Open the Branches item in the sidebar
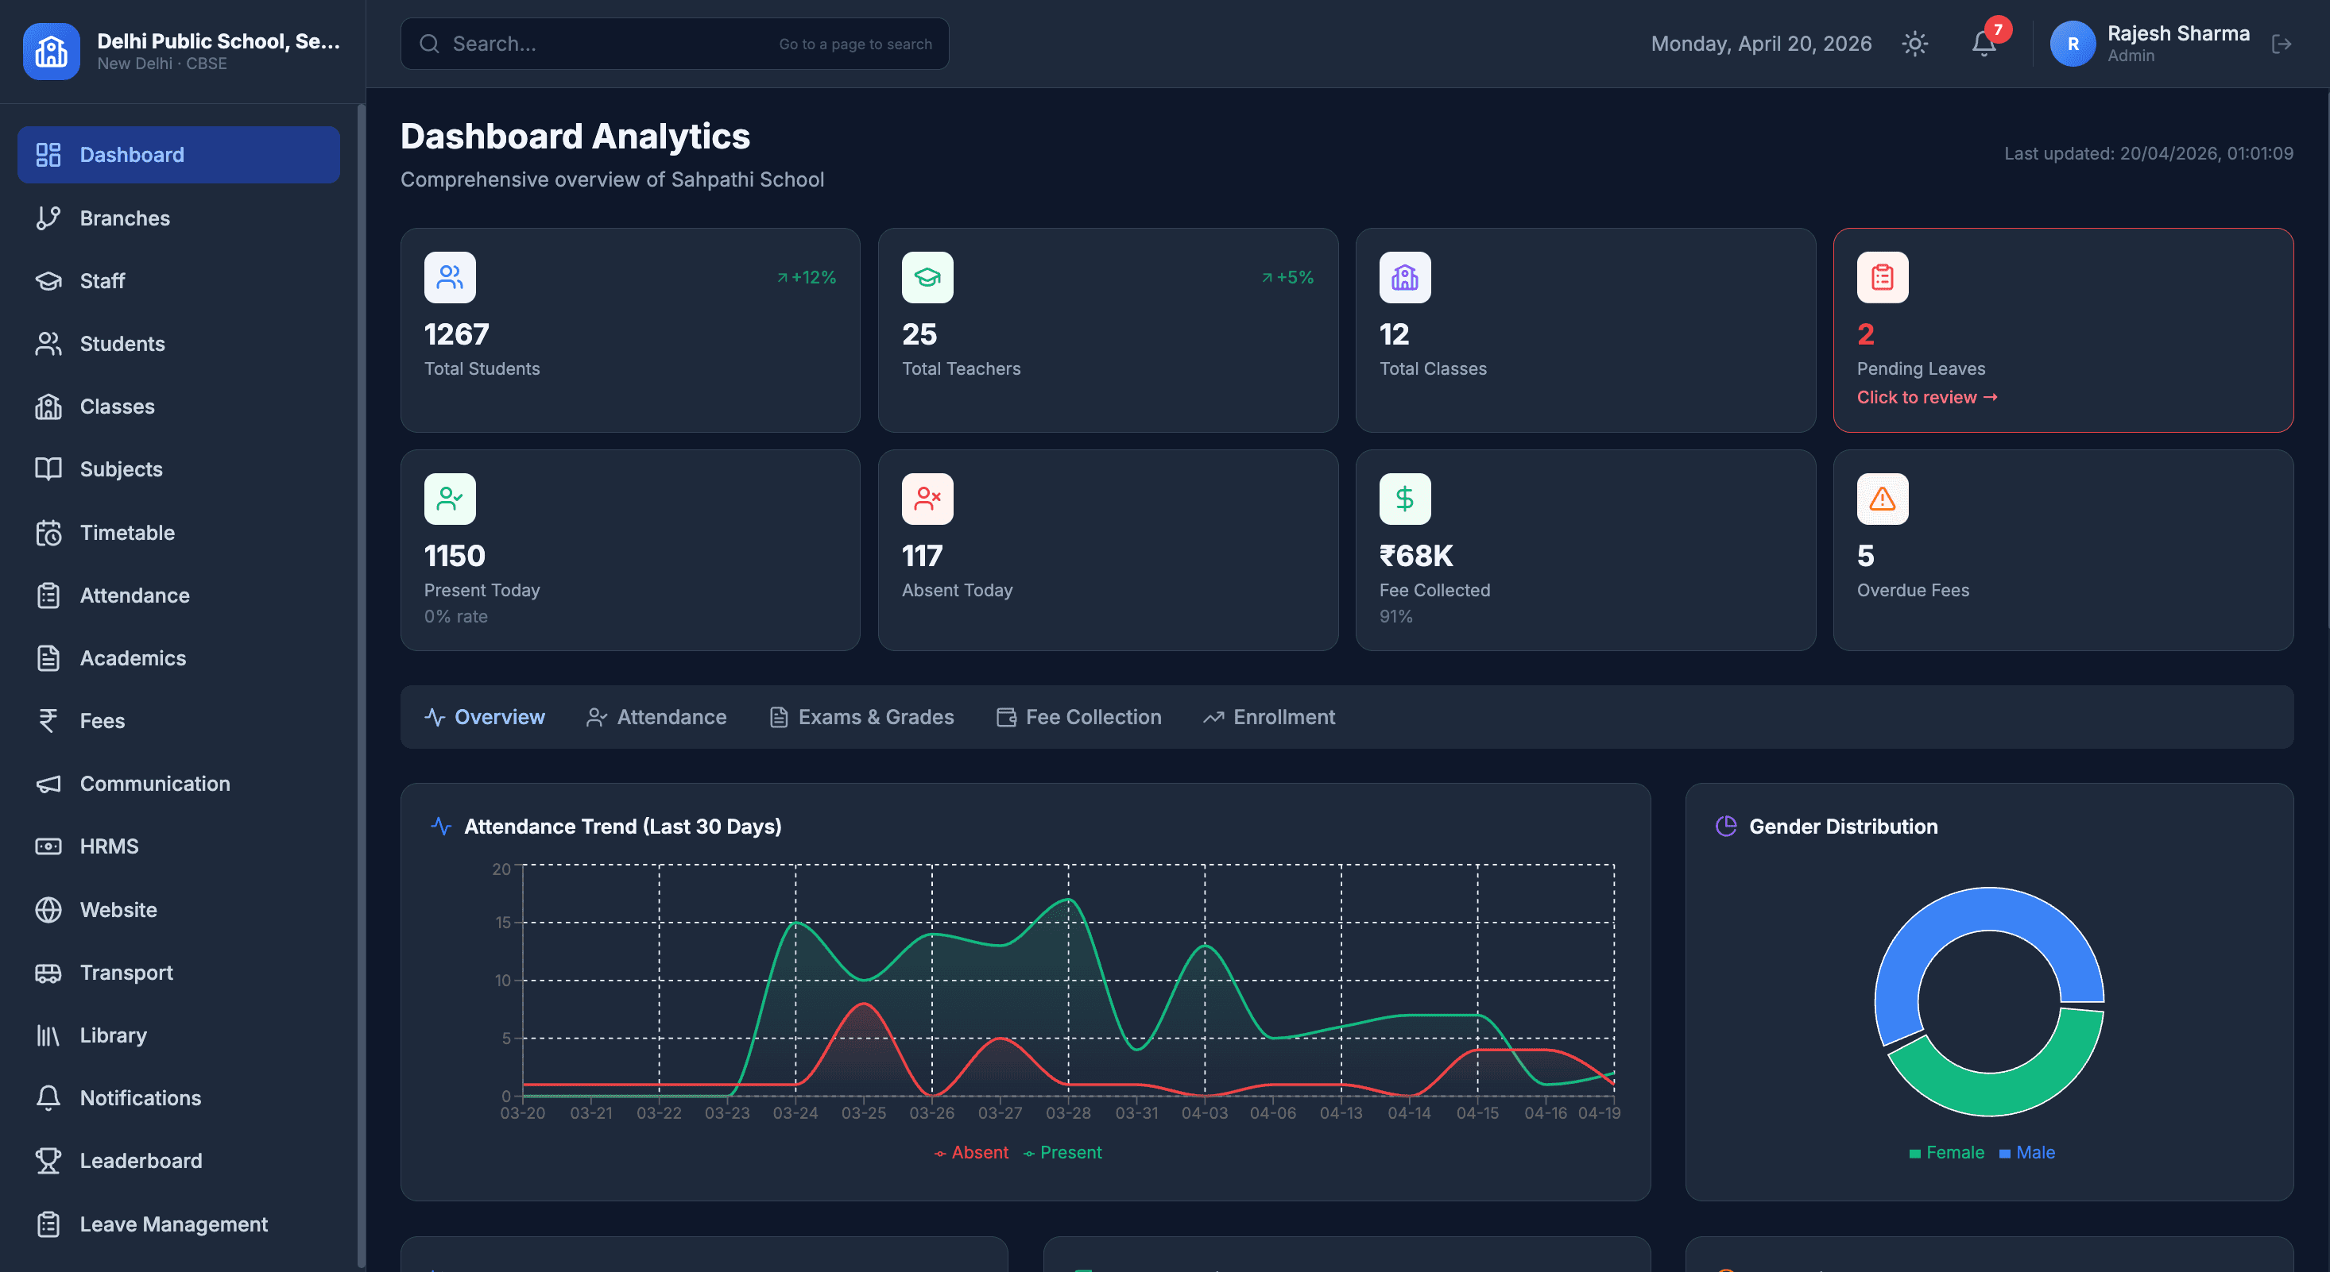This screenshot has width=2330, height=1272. (x=125, y=218)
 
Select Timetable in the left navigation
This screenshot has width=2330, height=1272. (x=127, y=533)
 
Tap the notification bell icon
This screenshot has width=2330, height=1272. (x=1984, y=44)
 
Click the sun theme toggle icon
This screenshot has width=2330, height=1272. (x=1915, y=44)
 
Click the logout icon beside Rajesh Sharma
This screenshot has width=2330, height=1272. (x=2282, y=44)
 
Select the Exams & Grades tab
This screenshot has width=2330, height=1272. (x=862, y=717)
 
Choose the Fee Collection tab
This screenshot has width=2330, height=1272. (x=1079, y=717)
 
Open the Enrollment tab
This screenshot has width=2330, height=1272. (x=1269, y=717)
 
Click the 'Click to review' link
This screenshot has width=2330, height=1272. (x=1926, y=397)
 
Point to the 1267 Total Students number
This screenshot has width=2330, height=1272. (x=457, y=334)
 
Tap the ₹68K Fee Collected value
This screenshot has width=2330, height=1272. (x=1416, y=556)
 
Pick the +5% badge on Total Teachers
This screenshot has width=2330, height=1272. (x=1288, y=278)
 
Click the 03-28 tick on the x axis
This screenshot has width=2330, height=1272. (x=1068, y=1113)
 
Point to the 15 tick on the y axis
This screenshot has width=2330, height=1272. (x=503, y=922)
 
